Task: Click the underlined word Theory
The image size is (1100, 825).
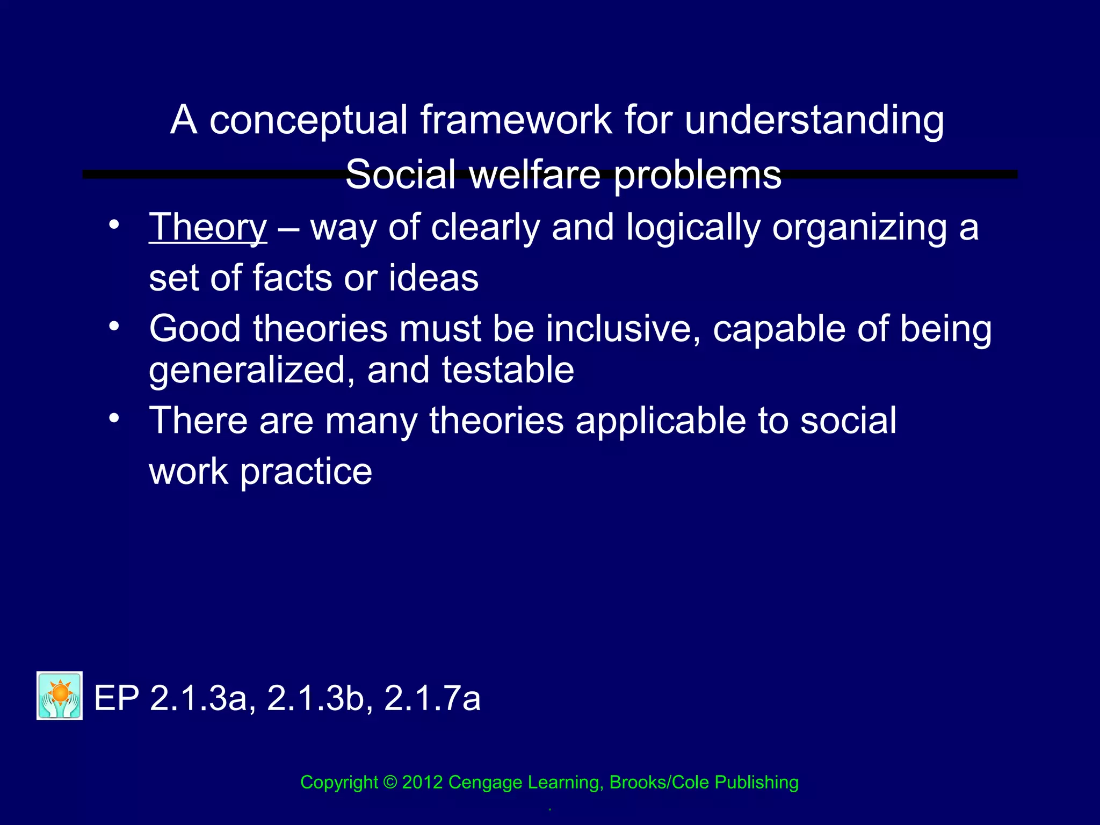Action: (208, 228)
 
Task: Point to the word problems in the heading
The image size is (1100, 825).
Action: (697, 176)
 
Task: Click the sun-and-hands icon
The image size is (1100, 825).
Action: (60, 696)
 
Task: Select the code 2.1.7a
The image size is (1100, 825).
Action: (432, 698)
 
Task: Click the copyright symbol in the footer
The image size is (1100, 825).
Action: (390, 782)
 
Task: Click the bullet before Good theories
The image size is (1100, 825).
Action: (113, 325)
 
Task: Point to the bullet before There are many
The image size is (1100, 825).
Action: (113, 417)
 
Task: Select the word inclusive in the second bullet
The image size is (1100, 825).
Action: (623, 329)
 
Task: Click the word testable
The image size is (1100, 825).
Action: (508, 370)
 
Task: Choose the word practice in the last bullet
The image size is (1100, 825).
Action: (306, 472)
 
